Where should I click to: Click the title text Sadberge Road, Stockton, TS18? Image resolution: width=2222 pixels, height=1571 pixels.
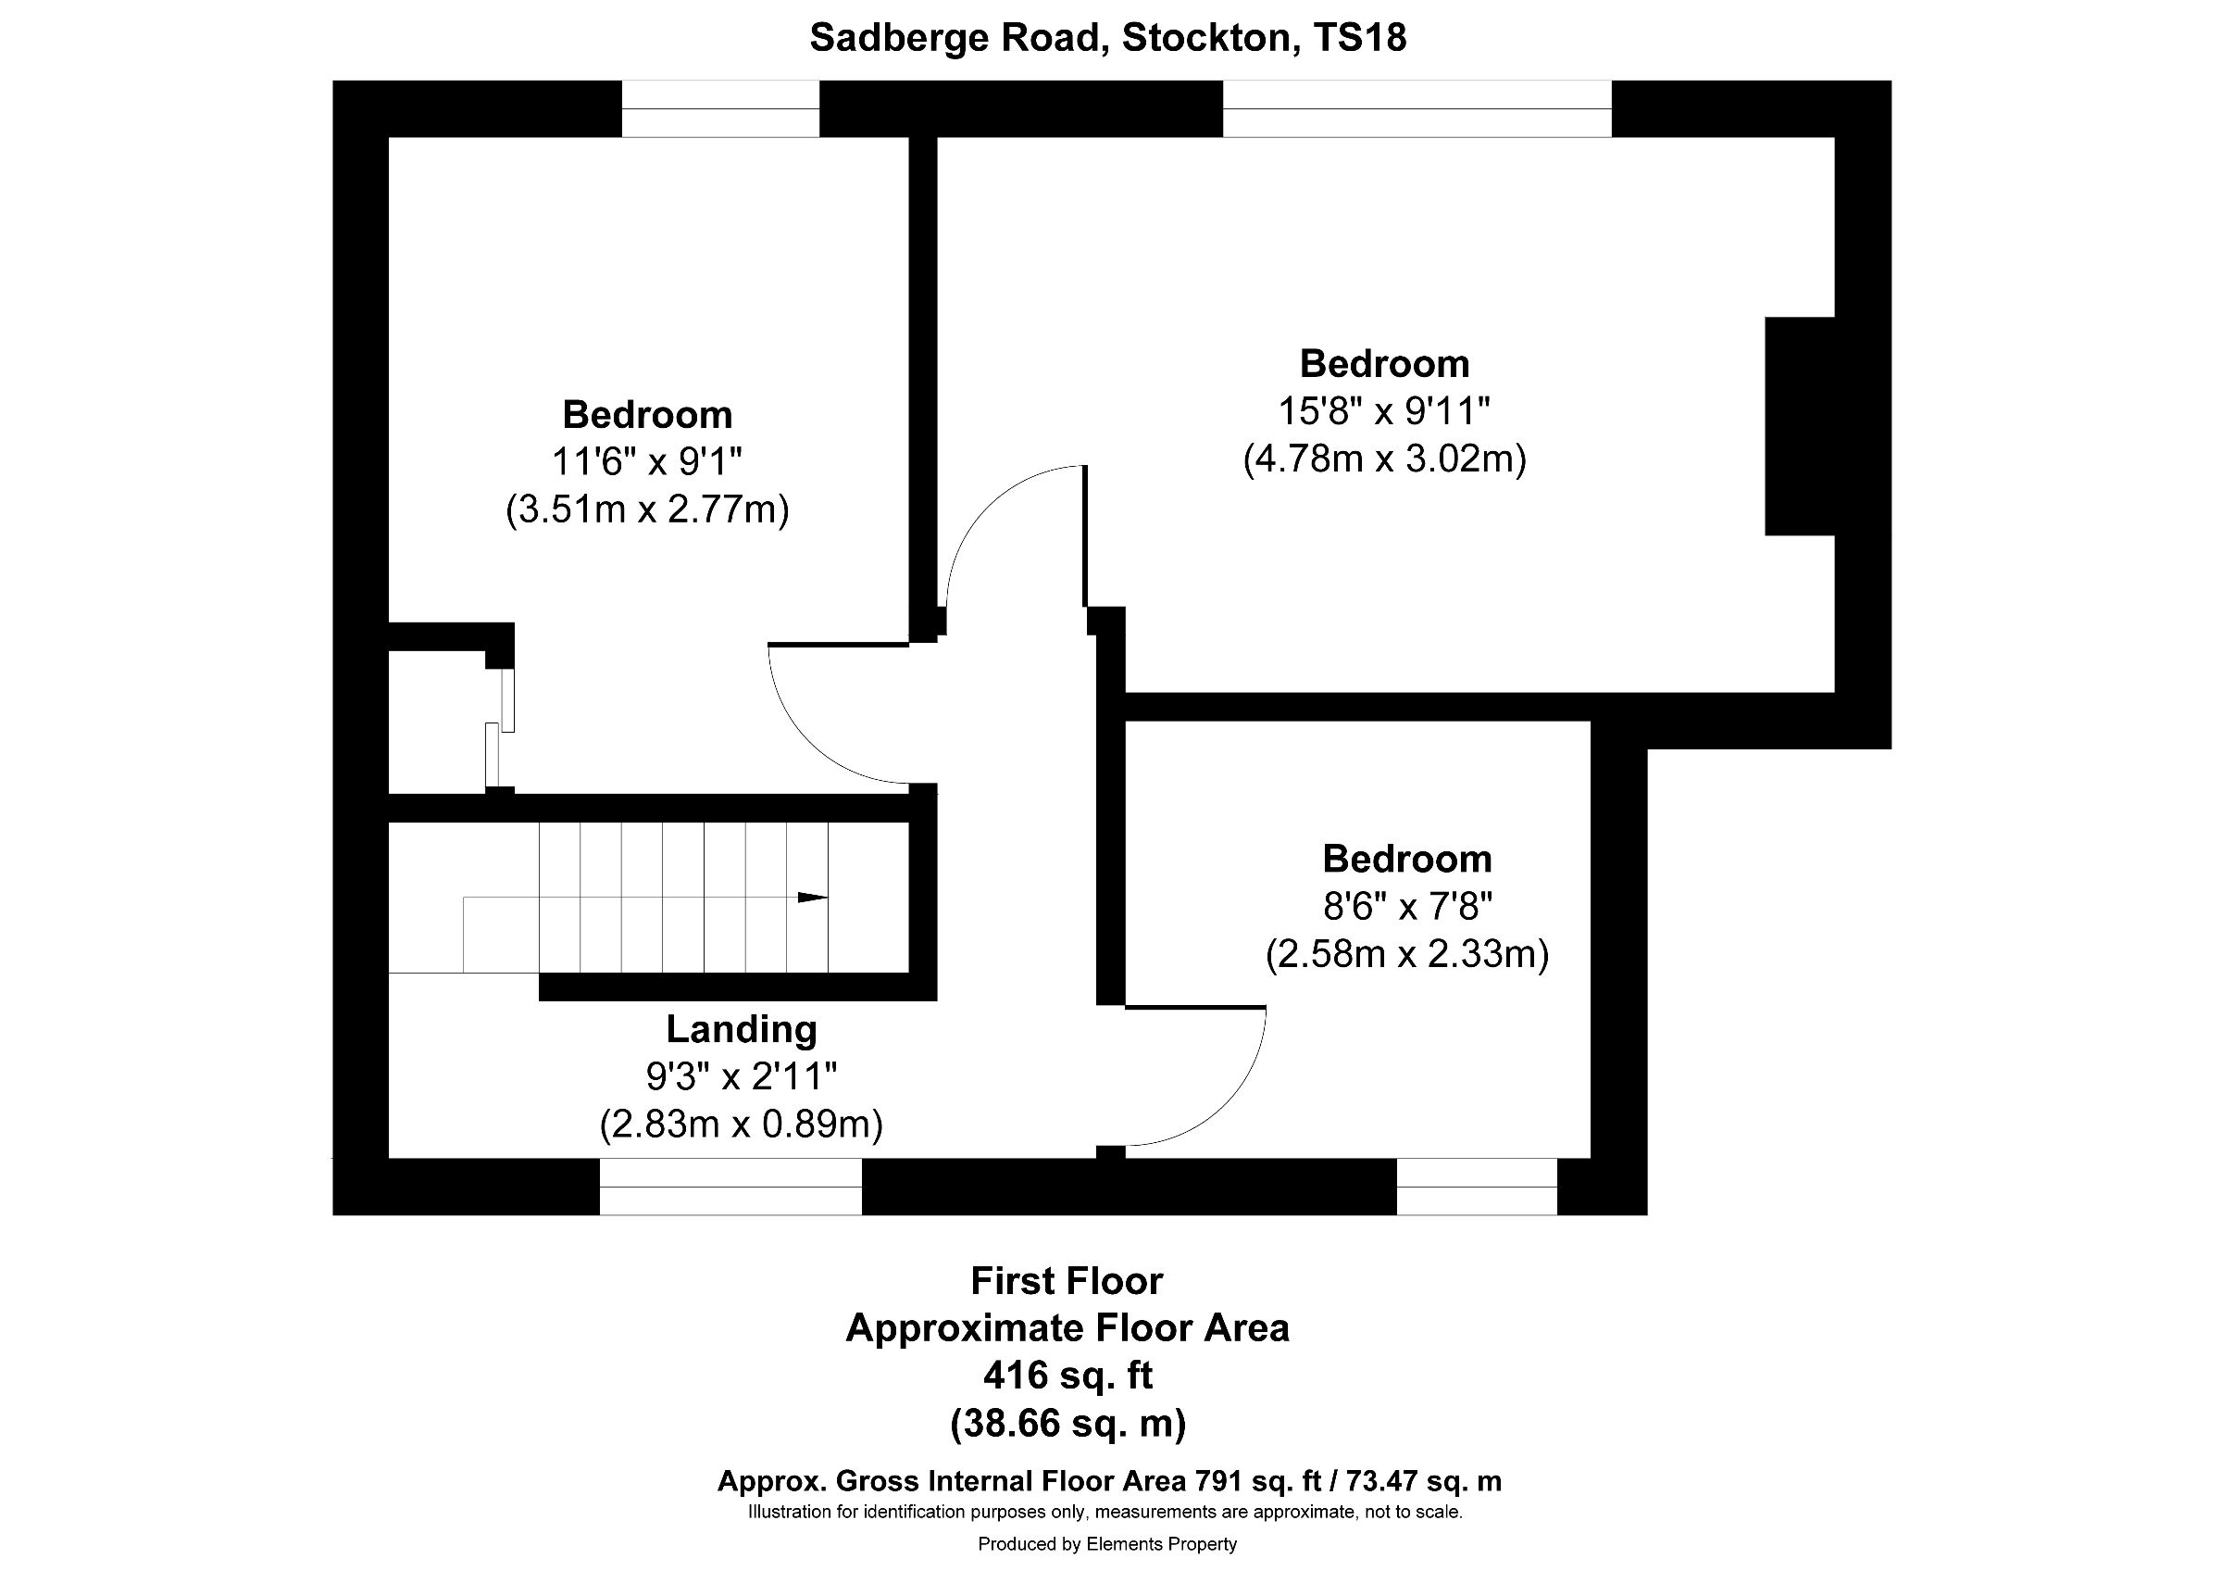(x=1107, y=38)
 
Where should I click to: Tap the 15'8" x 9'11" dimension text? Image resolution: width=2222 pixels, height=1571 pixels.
(x=1383, y=411)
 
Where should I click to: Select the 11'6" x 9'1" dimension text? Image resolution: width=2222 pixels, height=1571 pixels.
(x=646, y=461)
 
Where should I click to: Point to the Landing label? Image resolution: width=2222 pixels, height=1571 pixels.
(x=742, y=1029)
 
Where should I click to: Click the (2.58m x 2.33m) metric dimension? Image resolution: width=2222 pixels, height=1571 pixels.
(x=1406, y=954)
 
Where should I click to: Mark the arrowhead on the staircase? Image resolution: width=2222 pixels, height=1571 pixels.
(x=812, y=898)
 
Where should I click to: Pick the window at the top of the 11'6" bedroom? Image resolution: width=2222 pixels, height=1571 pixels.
(x=720, y=108)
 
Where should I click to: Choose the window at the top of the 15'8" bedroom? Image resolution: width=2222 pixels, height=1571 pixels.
(x=1417, y=108)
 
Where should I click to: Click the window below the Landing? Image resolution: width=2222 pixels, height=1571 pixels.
(x=730, y=1186)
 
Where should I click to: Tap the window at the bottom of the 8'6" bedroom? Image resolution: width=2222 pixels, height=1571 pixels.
(x=1476, y=1186)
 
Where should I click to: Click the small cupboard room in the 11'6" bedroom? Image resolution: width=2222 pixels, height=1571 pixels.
(x=435, y=722)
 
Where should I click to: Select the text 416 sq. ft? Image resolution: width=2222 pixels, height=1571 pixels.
(x=1067, y=1376)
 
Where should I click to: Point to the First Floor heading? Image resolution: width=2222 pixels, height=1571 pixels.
(x=1067, y=1282)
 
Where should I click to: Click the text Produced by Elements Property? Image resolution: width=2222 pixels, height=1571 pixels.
(x=1107, y=1545)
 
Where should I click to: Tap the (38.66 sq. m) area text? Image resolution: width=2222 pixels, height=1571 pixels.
(x=1067, y=1423)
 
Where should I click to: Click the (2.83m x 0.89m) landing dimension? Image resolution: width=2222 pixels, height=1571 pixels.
(x=741, y=1124)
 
